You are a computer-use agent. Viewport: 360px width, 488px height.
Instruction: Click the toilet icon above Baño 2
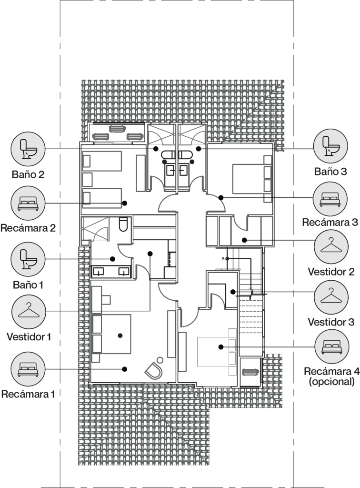(28, 149)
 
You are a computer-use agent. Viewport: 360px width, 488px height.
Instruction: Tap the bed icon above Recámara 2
(28, 203)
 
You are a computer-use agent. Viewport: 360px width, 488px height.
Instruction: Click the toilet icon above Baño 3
(330, 146)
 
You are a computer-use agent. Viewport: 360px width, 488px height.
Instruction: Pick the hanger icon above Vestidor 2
(331, 247)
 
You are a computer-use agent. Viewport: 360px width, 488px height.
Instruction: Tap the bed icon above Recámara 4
(332, 346)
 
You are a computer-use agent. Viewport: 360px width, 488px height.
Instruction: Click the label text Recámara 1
(28, 394)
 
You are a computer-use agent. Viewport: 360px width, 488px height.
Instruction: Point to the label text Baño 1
(28, 285)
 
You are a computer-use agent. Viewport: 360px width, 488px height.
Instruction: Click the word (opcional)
(332, 381)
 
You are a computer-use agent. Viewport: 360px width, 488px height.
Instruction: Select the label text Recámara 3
(330, 222)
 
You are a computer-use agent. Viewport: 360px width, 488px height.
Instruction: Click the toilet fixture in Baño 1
(123, 224)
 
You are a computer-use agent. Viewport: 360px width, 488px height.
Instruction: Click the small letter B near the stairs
(223, 259)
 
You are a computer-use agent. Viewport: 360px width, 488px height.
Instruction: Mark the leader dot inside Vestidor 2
(244, 240)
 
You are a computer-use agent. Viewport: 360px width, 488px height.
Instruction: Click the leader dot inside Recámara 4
(221, 347)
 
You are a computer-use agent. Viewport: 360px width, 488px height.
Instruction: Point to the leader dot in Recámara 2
(124, 203)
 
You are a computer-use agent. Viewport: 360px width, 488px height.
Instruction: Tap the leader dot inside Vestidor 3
(233, 292)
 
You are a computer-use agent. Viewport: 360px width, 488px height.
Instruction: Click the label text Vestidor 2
(331, 272)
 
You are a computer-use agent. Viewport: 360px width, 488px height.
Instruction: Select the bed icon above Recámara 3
(330, 199)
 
